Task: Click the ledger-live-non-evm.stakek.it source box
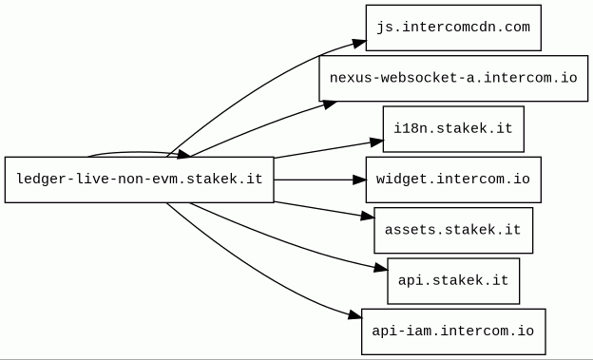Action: point(139,180)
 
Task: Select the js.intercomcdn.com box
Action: point(453,28)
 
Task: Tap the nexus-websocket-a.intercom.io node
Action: point(453,78)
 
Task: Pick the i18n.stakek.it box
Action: point(453,129)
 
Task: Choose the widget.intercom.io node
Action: point(453,180)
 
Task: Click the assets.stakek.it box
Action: point(453,230)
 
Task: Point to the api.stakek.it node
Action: point(453,281)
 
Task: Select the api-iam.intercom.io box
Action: point(453,332)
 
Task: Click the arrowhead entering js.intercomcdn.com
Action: point(359,44)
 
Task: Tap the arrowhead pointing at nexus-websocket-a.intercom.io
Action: point(329,104)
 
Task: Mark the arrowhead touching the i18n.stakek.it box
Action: point(376,142)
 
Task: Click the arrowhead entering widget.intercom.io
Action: point(359,180)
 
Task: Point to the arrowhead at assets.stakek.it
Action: point(368,217)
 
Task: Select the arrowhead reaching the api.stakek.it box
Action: point(381,268)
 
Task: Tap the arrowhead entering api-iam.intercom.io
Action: point(354,314)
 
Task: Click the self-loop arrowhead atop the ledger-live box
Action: point(184,154)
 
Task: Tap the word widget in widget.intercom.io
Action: point(402,180)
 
